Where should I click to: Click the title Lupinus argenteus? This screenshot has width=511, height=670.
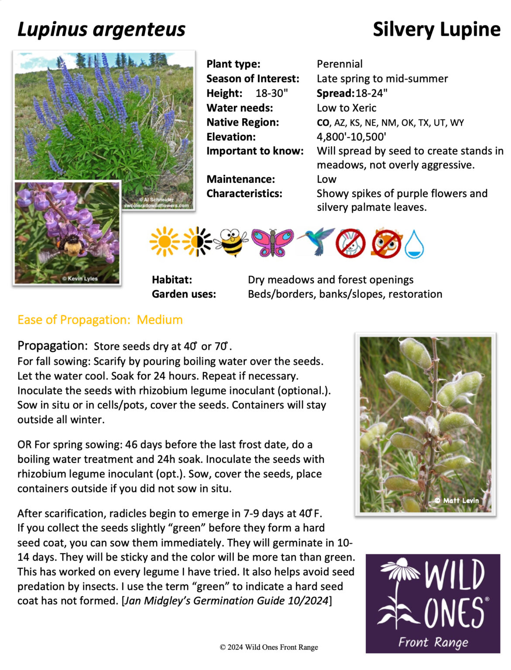[x=101, y=30]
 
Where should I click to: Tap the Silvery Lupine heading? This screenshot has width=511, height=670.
[x=436, y=30]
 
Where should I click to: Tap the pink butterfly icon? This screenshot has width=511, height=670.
[x=272, y=243]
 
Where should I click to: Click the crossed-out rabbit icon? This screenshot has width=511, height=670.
[x=350, y=243]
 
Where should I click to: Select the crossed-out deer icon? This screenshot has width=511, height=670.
[x=386, y=243]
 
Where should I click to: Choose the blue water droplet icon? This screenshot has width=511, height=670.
[x=414, y=244]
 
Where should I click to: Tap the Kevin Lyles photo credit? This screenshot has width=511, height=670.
[x=80, y=278]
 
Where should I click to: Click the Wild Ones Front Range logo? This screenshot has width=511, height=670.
[x=432, y=603]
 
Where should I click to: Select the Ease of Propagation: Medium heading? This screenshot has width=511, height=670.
[x=100, y=320]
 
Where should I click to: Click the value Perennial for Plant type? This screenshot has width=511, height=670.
[x=340, y=64]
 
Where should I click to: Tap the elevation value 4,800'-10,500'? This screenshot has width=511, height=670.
[x=351, y=137]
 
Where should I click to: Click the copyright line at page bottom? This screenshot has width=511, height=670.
[x=269, y=647]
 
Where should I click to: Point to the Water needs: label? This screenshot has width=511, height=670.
[x=240, y=108]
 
